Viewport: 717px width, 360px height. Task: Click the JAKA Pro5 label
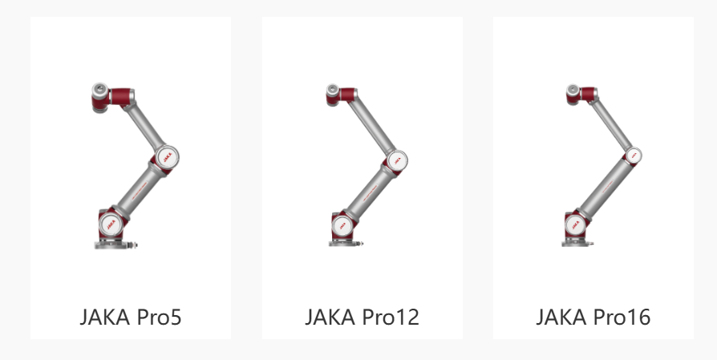pyautogui.click(x=131, y=317)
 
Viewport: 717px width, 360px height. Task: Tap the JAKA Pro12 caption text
pyautogui.click(x=362, y=317)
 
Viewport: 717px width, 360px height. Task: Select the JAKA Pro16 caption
pyautogui.click(x=593, y=317)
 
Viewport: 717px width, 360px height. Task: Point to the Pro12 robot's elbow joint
pyautogui.click(x=397, y=160)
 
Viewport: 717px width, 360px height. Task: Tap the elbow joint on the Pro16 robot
pyautogui.click(x=634, y=156)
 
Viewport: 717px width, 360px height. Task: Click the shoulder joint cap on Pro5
pyautogui.click(x=111, y=224)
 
